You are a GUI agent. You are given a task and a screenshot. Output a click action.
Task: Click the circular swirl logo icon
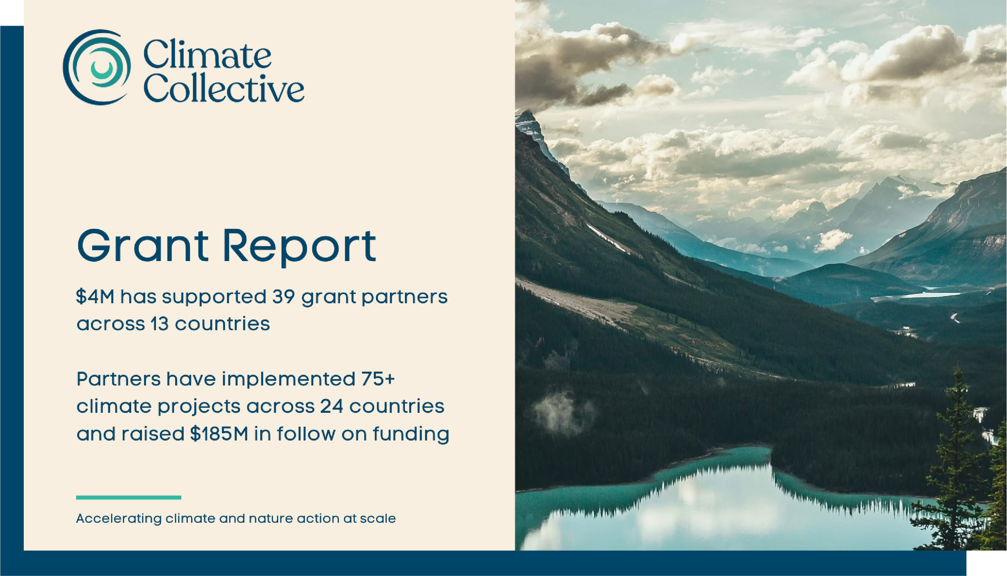(x=97, y=67)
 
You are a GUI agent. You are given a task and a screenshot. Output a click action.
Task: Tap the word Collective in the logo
(x=224, y=87)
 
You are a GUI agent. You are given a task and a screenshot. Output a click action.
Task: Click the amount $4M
(x=95, y=297)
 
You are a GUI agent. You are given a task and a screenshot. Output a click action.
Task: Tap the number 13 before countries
(x=160, y=324)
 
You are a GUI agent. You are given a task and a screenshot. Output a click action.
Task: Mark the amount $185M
(x=219, y=434)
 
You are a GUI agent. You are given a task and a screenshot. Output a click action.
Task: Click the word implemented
(x=288, y=379)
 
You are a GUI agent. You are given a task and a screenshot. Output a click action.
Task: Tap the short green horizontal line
(x=128, y=497)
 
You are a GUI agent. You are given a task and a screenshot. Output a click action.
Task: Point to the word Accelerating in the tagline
(x=119, y=519)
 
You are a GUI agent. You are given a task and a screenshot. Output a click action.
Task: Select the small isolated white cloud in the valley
(x=832, y=240)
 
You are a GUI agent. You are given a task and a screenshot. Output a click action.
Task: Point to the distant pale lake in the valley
(x=918, y=295)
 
